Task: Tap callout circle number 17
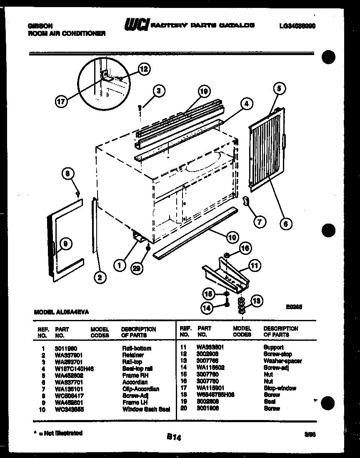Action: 62,101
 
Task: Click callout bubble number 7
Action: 259,222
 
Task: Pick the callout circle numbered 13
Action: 257,301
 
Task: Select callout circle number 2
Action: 100,277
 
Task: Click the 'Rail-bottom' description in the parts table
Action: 137,348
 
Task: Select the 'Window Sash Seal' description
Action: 146,409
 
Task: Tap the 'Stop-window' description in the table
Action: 280,388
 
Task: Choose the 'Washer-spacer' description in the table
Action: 282,361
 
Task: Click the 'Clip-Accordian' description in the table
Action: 141,389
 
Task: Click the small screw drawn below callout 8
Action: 77,194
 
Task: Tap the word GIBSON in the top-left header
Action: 37,26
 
